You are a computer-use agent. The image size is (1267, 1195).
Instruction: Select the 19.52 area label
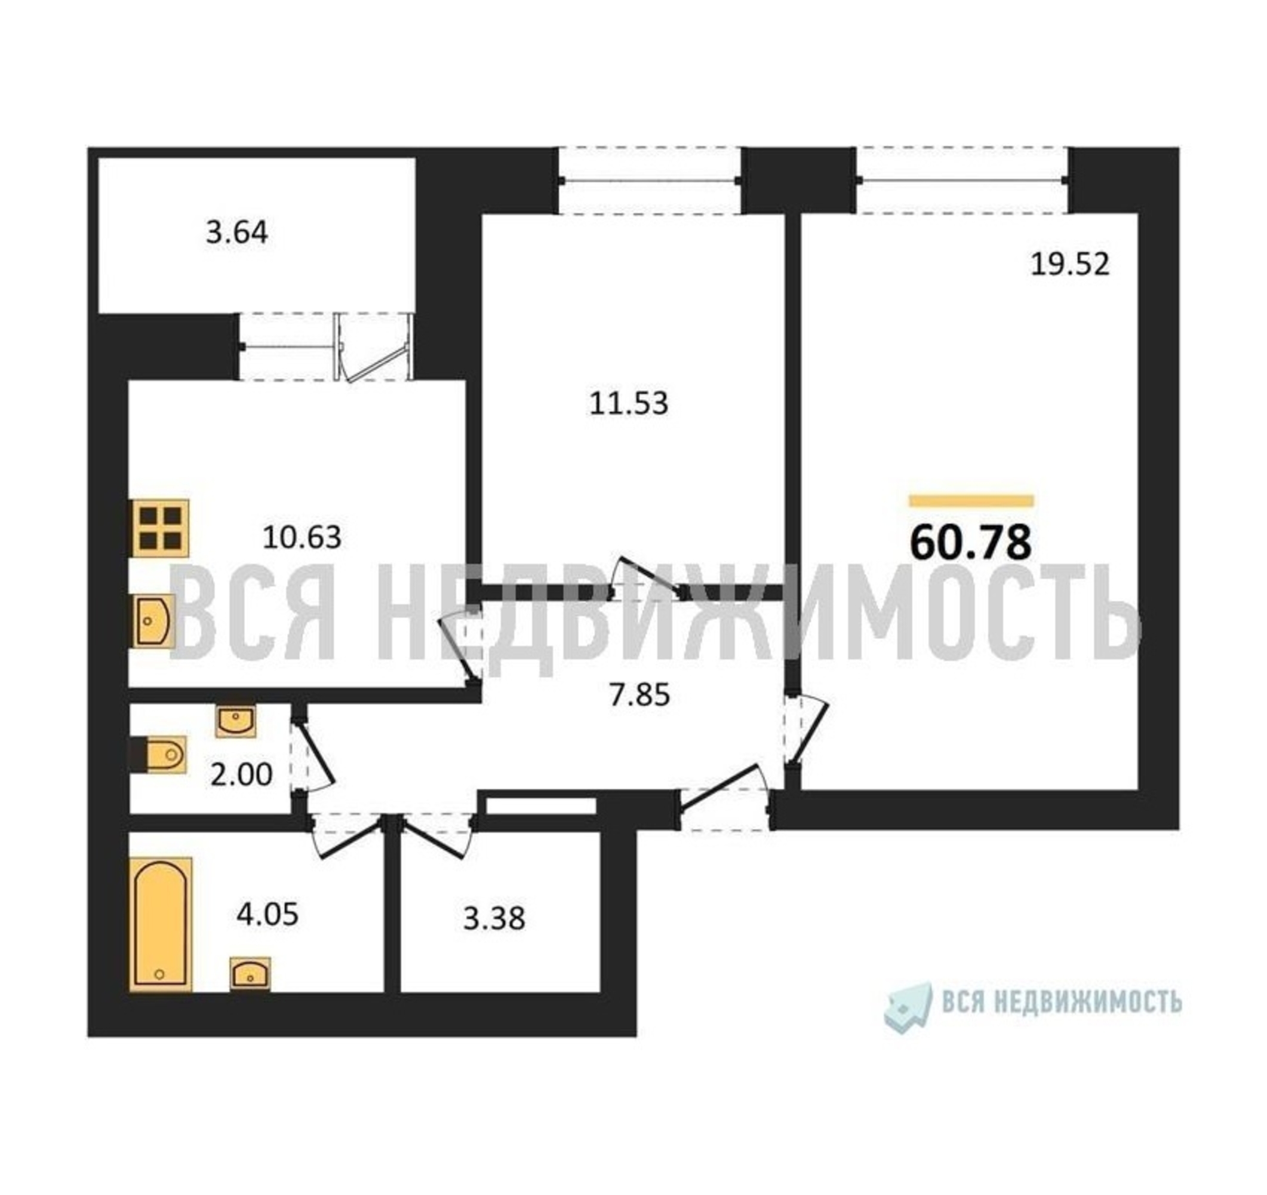(x=1070, y=264)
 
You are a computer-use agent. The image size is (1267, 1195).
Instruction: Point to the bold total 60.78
(x=971, y=543)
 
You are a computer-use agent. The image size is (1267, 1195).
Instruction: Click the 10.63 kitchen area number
(x=302, y=538)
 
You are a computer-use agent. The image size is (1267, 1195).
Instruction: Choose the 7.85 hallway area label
(x=640, y=695)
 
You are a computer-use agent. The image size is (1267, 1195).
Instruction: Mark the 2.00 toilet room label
(x=242, y=775)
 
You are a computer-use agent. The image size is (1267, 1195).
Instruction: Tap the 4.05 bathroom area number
(x=267, y=915)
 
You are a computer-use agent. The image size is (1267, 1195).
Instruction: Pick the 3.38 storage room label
(x=494, y=919)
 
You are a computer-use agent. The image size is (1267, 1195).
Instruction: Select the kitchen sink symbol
(x=153, y=621)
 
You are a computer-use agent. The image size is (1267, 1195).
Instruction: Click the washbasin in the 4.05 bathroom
(x=250, y=974)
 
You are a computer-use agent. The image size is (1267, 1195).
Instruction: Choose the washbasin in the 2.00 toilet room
(x=236, y=722)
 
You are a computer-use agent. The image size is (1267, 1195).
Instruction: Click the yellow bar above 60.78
(x=971, y=501)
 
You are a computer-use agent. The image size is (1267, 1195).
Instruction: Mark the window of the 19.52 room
(x=962, y=180)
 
